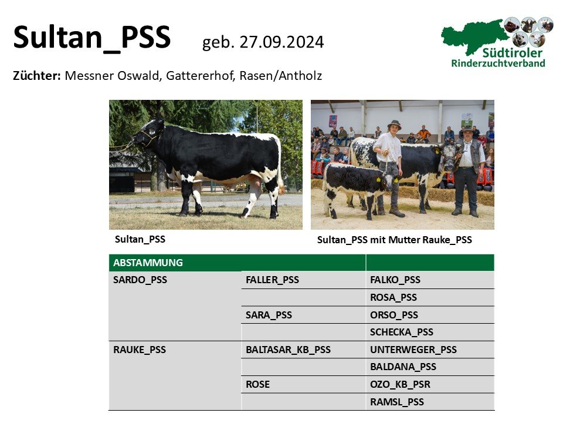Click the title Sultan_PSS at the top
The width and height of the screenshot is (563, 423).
[92, 38]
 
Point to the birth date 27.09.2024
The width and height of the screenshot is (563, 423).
[281, 42]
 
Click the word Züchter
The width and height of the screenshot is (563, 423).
[36, 76]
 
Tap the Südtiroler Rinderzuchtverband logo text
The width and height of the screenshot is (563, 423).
[498, 58]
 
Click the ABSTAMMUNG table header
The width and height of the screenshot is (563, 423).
[148, 263]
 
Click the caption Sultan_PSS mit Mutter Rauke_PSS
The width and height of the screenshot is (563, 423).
[394, 240]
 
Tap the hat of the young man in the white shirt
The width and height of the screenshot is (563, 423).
[394, 124]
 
